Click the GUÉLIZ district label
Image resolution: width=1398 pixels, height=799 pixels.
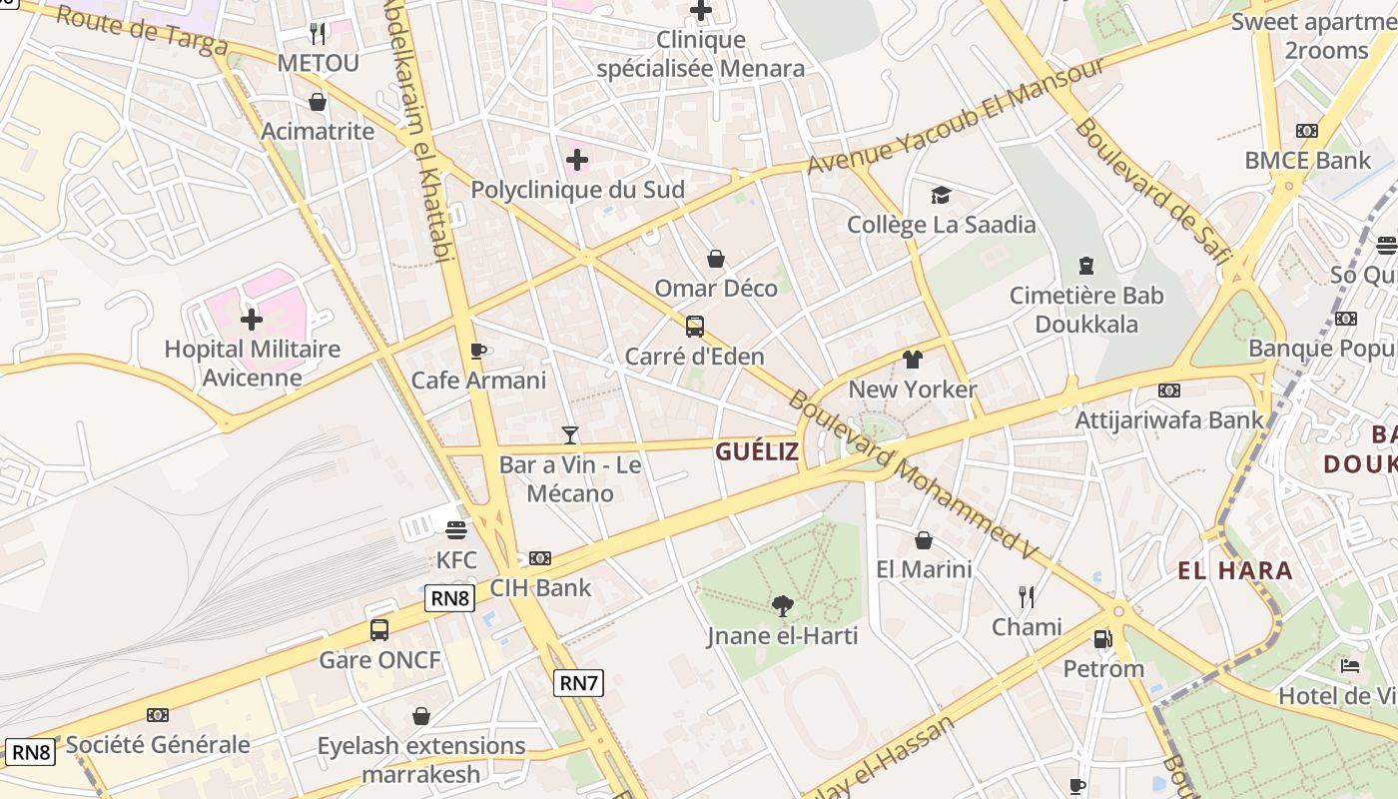(x=757, y=451)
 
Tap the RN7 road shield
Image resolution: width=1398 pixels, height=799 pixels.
(x=579, y=683)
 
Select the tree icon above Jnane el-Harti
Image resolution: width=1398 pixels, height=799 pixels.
(x=783, y=604)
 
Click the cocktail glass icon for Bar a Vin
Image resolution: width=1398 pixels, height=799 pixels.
(x=570, y=434)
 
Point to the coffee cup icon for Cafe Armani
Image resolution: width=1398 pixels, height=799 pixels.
(x=478, y=351)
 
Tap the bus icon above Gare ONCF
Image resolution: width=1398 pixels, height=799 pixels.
(x=379, y=629)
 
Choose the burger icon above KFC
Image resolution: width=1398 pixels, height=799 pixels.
(x=456, y=529)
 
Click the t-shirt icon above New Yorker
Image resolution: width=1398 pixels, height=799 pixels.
(x=912, y=360)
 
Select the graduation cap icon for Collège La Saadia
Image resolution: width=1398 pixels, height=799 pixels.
(x=941, y=195)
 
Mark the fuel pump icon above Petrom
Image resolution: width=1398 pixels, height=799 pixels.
(x=1102, y=638)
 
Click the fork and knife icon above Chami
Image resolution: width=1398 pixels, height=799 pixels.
(x=1027, y=597)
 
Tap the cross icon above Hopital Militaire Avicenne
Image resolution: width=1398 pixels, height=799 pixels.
(x=252, y=320)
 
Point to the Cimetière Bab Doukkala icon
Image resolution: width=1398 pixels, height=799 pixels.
(x=1085, y=266)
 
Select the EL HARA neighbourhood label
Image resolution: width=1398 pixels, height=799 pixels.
(x=1235, y=571)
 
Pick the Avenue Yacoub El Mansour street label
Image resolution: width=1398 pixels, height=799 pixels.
(x=956, y=115)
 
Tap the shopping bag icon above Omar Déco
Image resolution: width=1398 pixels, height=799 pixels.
(x=716, y=259)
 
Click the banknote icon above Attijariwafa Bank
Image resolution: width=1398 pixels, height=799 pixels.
(x=1168, y=390)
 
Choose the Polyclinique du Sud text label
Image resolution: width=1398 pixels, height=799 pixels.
(x=577, y=190)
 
